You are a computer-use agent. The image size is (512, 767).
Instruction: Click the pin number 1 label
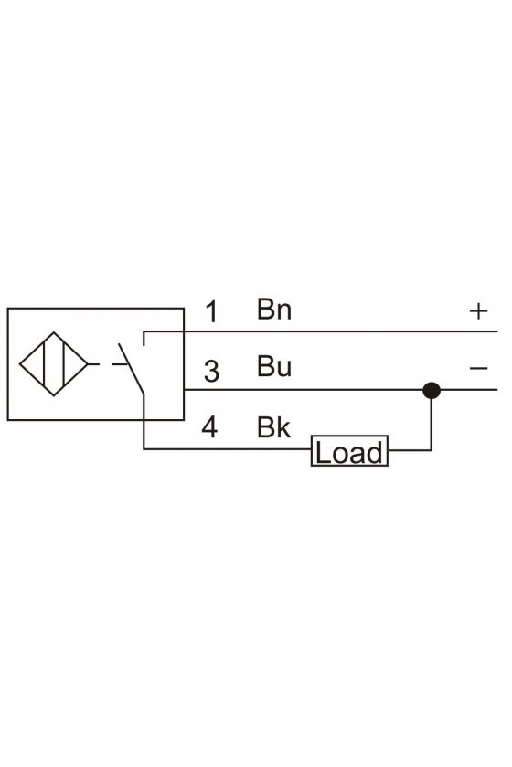click(x=211, y=311)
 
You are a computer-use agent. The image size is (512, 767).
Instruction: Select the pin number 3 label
click(x=211, y=371)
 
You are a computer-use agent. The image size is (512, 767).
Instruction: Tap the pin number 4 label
click(x=209, y=427)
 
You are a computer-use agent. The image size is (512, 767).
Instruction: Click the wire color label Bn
click(x=274, y=310)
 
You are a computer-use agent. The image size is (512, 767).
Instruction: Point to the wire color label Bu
click(x=274, y=366)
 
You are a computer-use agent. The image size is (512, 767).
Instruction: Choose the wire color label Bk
click(x=273, y=427)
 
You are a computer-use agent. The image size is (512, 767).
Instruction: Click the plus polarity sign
click(x=478, y=311)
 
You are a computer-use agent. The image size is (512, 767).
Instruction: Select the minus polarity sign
click(x=478, y=368)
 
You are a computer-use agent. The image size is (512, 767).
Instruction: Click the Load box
click(x=349, y=450)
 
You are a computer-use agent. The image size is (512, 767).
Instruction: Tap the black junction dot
click(x=432, y=391)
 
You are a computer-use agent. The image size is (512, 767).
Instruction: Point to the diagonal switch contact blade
click(x=131, y=368)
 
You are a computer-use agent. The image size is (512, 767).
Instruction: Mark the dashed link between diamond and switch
click(x=106, y=364)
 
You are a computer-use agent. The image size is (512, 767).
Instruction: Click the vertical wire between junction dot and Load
click(x=432, y=424)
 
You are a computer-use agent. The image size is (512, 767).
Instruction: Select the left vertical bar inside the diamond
click(x=44, y=364)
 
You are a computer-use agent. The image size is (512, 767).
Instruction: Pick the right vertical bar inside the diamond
click(x=64, y=364)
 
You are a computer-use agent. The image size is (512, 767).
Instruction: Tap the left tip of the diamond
click(x=19, y=364)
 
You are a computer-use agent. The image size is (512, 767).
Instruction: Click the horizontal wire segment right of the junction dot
click(x=469, y=390)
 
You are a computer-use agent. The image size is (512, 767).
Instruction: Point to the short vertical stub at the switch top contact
click(x=144, y=338)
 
